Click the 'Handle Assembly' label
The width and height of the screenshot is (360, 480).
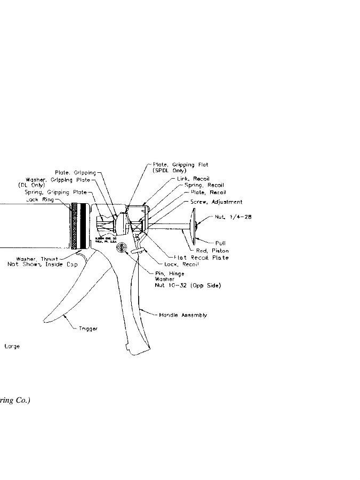183,315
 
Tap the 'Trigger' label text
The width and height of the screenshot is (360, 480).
89,329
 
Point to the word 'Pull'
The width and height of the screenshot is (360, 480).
220,243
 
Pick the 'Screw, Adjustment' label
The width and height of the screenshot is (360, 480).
217,202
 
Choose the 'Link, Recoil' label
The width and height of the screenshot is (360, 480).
193,179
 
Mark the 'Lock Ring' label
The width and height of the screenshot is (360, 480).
39,199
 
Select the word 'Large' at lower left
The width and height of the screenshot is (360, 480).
12,346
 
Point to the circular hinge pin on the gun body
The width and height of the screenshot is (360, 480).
121,247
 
